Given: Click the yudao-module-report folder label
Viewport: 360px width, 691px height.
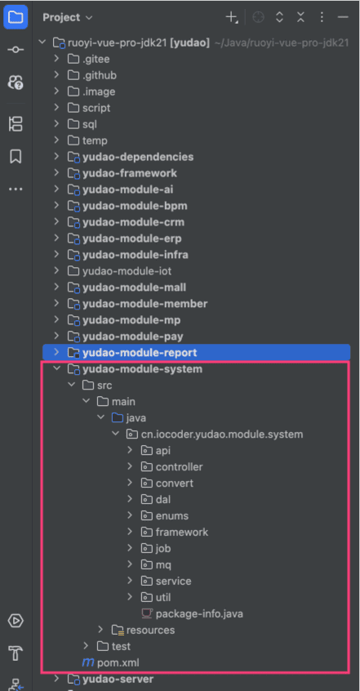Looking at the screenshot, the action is pyautogui.click(x=140, y=353).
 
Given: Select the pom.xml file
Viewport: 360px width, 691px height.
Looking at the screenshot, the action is pyautogui.click(x=118, y=662).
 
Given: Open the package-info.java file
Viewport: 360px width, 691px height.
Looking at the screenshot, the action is pyautogui.click(x=199, y=613).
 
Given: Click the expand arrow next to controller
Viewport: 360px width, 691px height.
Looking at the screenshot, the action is pyautogui.click(x=130, y=466).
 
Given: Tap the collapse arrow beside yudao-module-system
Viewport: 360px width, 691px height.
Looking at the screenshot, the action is pyautogui.click(x=56, y=369).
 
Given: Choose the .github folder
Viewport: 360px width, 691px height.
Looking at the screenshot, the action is pyautogui.click(x=100, y=75).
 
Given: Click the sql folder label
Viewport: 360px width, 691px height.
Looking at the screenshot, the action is pyautogui.click(x=90, y=124).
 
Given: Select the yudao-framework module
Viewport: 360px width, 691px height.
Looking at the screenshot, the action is pyautogui.click(x=130, y=173).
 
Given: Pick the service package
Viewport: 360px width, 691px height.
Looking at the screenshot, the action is pyautogui.click(x=173, y=581).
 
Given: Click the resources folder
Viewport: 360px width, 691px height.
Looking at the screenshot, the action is pyautogui.click(x=150, y=631).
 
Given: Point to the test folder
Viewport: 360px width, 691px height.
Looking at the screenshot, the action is pyautogui.click(x=121, y=647).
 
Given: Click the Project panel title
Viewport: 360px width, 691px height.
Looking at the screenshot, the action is pyautogui.click(x=61, y=18).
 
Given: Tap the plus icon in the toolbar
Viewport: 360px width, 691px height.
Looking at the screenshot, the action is pyautogui.click(x=231, y=17).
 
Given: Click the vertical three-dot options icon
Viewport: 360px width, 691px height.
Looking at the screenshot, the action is pyautogui.click(x=322, y=17).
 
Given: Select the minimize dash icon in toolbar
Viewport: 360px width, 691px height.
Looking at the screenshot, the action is pyautogui.click(x=343, y=17).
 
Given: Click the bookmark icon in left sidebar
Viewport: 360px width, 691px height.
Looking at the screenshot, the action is pyautogui.click(x=16, y=157).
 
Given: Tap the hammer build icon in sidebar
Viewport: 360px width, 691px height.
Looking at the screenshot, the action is pyautogui.click(x=16, y=653).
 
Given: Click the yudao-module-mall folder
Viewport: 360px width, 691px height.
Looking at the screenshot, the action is pyautogui.click(x=134, y=288).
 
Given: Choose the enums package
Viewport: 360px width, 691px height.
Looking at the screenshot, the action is pyautogui.click(x=172, y=515).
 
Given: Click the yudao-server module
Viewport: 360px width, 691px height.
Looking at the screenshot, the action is pyautogui.click(x=118, y=679).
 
